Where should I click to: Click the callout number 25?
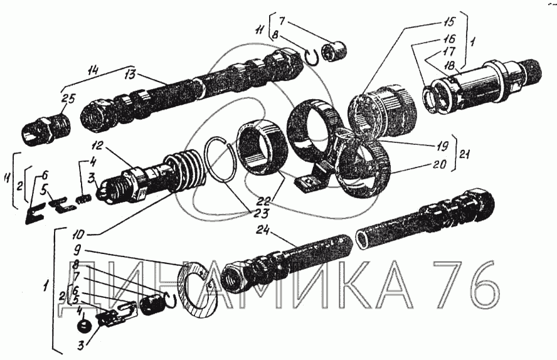(x=69, y=100)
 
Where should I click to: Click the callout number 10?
(x=82, y=235)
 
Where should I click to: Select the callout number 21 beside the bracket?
(x=465, y=154)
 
